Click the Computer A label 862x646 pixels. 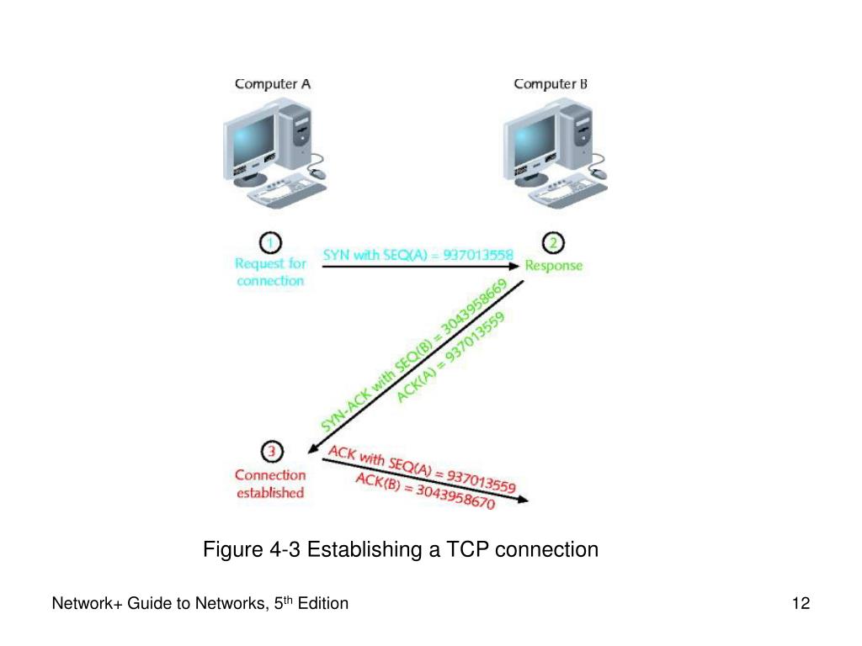(x=272, y=83)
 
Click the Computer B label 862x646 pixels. (x=551, y=83)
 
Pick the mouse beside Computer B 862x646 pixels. (x=599, y=173)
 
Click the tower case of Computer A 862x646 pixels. (x=296, y=135)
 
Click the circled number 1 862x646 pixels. (x=269, y=244)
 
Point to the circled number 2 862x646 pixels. (x=553, y=244)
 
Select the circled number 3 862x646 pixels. (x=269, y=453)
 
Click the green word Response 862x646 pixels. (x=553, y=266)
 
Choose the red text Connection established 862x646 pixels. (x=269, y=484)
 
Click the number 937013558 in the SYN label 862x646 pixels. (x=477, y=254)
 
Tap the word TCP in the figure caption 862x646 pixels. (x=467, y=550)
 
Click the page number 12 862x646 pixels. (x=801, y=603)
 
